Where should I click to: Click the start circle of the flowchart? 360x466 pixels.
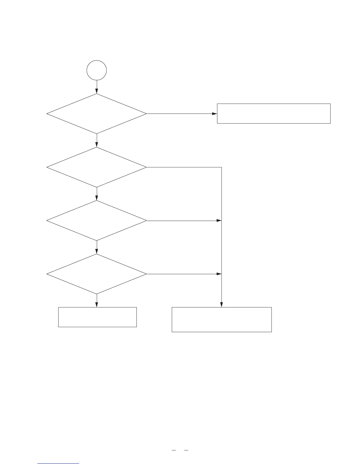pyautogui.click(x=96, y=70)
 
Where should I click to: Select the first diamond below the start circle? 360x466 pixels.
pyautogui.click(x=96, y=114)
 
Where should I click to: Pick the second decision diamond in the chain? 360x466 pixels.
pyautogui.click(x=96, y=167)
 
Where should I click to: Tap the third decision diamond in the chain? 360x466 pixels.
pyautogui.click(x=96, y=221)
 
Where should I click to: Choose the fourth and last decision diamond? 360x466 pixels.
pyautogui.click(x=96, y=274)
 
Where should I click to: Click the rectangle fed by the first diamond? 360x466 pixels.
pyautogui.click(x=274, y=113)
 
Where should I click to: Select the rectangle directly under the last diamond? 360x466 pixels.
pyautogui.click(x=97, y=317)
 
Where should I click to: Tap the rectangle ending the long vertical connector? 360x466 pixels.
pyautogui.click(x=221, y=319)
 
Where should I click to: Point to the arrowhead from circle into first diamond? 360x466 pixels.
pyautogui.click(x=96, y=91)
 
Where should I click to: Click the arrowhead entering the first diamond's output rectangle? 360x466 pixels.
pyautogui.click(x=214, y=114)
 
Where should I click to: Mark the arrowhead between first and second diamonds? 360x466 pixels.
pyautogui.click(x=96, y=145)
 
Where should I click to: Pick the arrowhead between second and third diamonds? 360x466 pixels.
pyautogui.click(x=96, y=198)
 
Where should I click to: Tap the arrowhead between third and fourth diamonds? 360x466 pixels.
pyautogui.click(x=96, y=252)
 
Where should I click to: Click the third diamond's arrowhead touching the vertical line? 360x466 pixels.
pyautogui.click(x=219, y=221)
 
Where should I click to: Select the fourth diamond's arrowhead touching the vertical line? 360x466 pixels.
pyautogui.click(x=219, y=274)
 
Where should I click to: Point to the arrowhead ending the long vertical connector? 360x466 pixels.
pyautogui.click(x=221, y=305)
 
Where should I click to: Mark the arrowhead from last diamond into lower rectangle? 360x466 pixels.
pyautogui.click(x=96, y=305)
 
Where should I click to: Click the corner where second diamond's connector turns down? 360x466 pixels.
pyautogui.click(x=221, y=167)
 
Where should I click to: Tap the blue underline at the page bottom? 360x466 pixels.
pyautogui.click(x=58, y=464)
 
